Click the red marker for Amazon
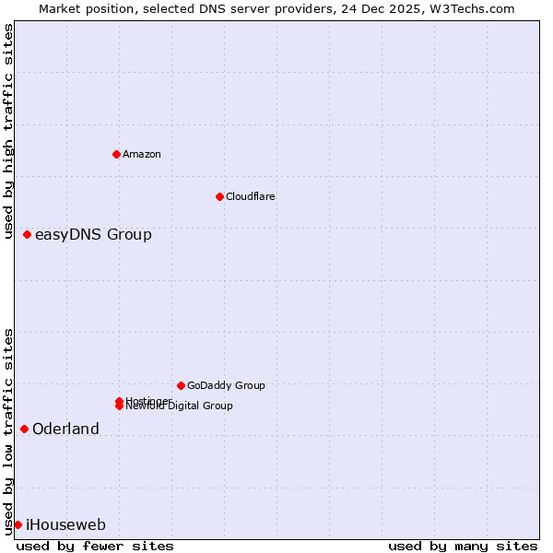click(x=116, y=154)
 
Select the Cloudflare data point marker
click(x=219, y=196)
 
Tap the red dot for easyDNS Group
click(x=28, y=234)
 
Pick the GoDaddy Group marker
click(x=181, y=385)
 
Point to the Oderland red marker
click(x=24, y=429)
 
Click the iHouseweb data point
click(x=18, y=524)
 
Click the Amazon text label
click(x=141, y=154)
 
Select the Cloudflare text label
click(x=250, y=196)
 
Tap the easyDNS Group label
click(x=93, y=234)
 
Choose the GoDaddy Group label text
click(x=226, y=385)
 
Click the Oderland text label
click(x=65, y=429)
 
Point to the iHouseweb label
click(x=65, y=524)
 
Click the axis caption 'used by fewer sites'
click(x=95, y=546)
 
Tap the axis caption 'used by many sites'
click(x=463, y=546)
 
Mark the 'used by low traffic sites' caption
click(x=9, y=430)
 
